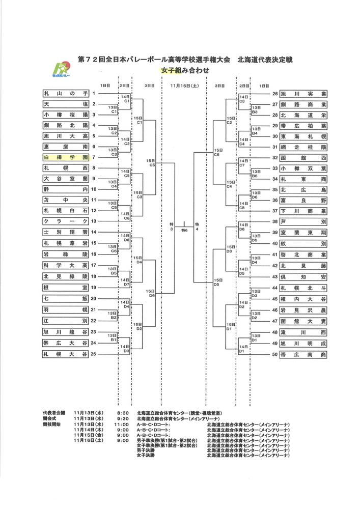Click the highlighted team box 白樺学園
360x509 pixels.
(x=66, y=157)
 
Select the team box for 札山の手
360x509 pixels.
(x=66, y=94)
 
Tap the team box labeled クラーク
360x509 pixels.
(x=66, y=221)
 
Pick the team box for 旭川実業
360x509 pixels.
(x=303, y=94)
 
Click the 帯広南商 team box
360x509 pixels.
(x=303, y=355)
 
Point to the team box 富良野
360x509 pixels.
(x=303, y=200)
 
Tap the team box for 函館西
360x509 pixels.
(x=303, y=158)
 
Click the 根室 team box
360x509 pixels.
(x=66, y=288)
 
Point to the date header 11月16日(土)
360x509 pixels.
(x=184, y=86)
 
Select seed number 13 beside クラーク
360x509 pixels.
(x=93, y=221)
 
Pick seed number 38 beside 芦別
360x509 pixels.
(x=275, y=221)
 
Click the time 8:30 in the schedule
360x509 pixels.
(x=122, y=412)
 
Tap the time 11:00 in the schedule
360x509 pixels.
(x=121, y=423)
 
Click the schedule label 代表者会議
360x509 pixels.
(x=53, y=412)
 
